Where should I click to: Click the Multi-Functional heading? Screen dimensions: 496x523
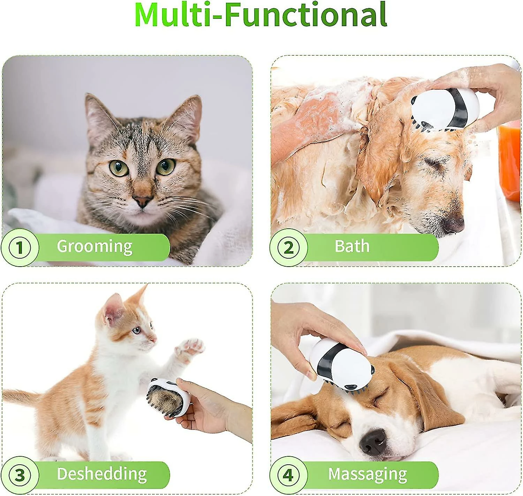261,15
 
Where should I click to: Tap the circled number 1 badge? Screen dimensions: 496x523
20,247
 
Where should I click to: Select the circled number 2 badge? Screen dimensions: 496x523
288,247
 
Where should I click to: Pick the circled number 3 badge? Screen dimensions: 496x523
20,475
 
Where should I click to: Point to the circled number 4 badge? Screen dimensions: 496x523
288,475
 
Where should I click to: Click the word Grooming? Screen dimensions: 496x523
94,246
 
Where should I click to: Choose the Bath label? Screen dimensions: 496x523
352,246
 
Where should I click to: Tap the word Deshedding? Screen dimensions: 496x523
101,474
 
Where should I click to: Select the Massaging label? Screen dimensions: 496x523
367,474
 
